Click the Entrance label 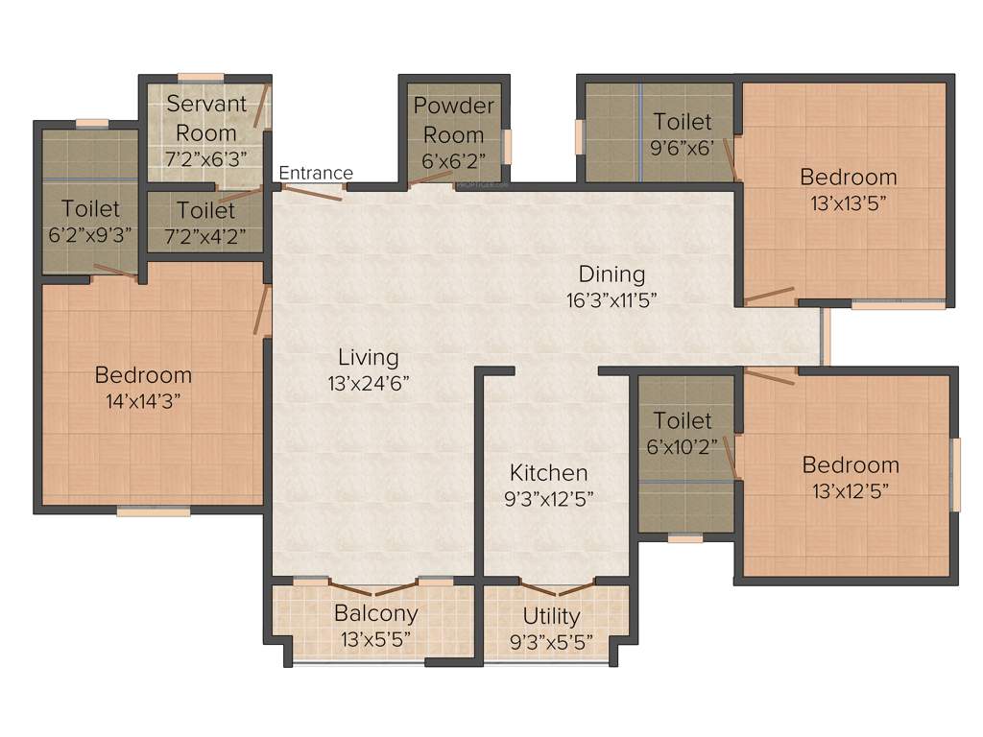pyautogui.click(x=316, y=173)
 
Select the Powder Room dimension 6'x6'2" pyautogui.click(x=454, y=159)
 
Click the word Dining pyautogui.click(x=611, y=274)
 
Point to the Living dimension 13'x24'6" pyautogui.click(x=368, y=382)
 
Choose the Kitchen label pyautogui.click(x=548, y=472)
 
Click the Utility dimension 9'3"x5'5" pyautogui.click(x=551, y=639)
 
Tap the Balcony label pyautogui.click(x=375, y=613)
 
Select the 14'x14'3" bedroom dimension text pyautogui.click(x=143, y=400)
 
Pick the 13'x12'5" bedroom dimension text pyautogui.click(x=850, y=490)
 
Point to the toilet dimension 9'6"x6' pyautogui.click(x=683, y=148)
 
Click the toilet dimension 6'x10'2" pyautogui.click(x=683, y=445)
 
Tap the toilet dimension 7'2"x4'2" pyautogui.click(x=205, y=234)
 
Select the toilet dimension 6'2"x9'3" pyautogui.click(x=90, y=232)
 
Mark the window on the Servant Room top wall pyautogui.click(x=201, y=77)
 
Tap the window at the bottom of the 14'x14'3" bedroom pyautogui.click(x=154, y=511)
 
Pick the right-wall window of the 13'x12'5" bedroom pyautogui.click(x=955, y=475)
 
